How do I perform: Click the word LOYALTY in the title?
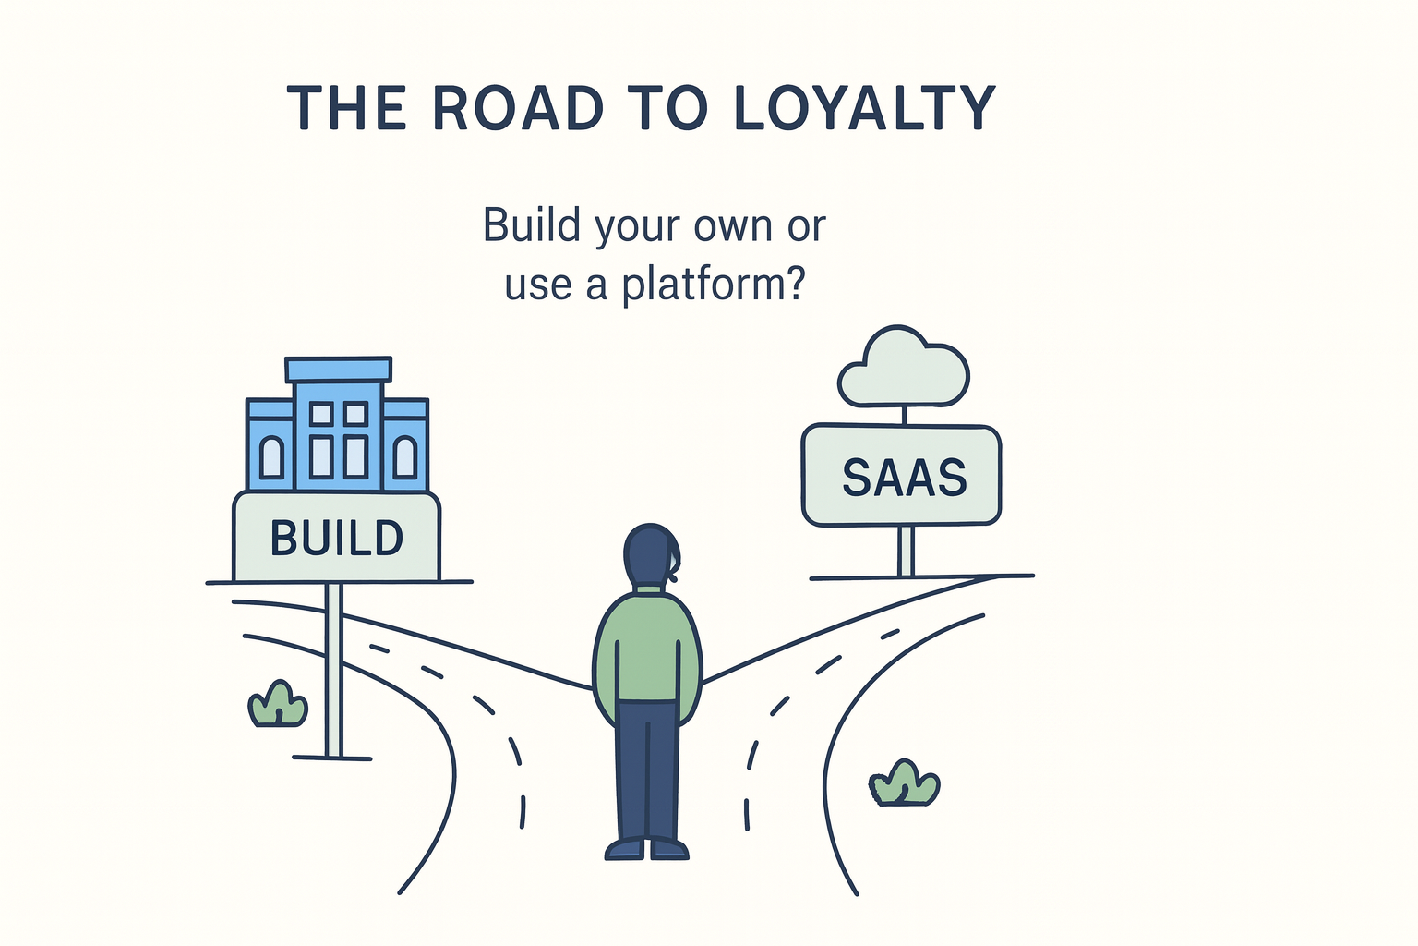click(865, 109)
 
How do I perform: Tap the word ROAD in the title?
click(517, 109)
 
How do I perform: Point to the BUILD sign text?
click(337, 538)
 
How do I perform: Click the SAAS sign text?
click(904, 478)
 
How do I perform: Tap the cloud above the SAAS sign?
click(903, 370)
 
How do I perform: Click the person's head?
click(651, 554)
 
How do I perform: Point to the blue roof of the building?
click(339, 370)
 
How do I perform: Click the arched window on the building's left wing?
click(272, 457)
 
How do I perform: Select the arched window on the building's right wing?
click(404, 457)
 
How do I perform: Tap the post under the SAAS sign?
click(906, 551)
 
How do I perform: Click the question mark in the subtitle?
click(792, 285)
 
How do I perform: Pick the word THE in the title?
click(347, 109)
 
